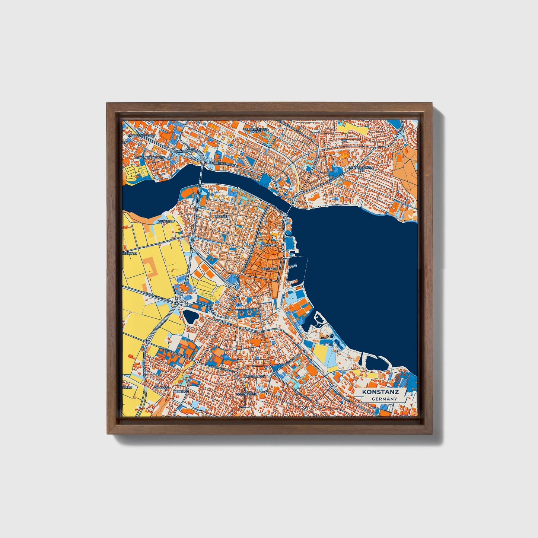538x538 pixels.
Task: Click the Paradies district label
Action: (x=220, y=216)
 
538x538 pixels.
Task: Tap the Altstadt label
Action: (x=270, y=246)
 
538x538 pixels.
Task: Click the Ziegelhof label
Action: (x=166, y=221)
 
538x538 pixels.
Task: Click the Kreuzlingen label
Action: (x=255, y=377)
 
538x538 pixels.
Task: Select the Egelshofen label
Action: (x=246, y=394)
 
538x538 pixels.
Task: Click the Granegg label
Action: (x=161, y=388)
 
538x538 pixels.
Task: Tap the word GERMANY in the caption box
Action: (x=385, y=399)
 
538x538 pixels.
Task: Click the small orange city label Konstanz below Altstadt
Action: (x=270, y=268)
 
